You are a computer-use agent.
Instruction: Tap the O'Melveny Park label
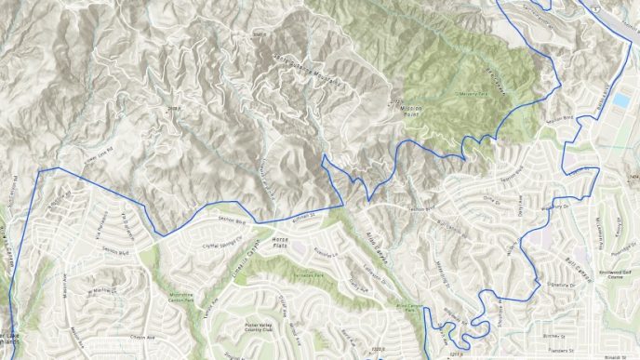(473, 93)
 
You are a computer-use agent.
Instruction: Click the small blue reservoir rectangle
(619, 100)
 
